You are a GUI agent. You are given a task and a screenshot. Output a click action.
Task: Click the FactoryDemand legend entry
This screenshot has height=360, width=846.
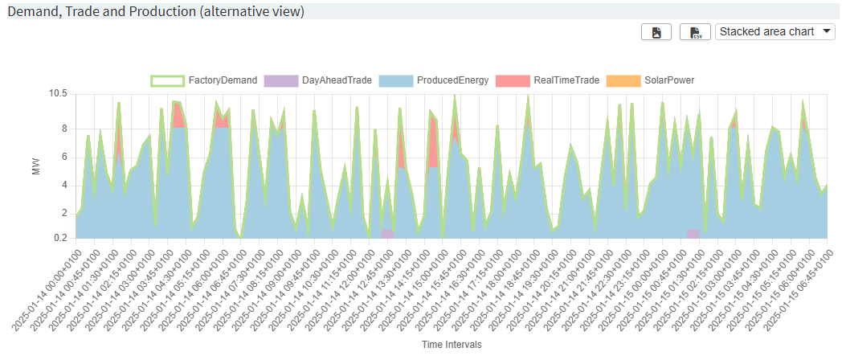click(x=205, y=80)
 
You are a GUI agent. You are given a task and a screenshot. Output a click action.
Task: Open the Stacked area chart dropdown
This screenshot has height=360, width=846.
click(x=775, y=31)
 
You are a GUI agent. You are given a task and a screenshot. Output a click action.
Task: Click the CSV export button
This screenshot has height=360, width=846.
click(x=696, y=32)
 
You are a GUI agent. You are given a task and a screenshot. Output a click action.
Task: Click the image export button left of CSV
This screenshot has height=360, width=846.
click(x=656, y=32)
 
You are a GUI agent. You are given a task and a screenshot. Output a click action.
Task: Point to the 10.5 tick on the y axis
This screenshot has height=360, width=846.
click(x=58, y=94)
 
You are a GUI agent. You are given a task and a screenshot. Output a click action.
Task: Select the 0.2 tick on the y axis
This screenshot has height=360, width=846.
click(x=59, y=238)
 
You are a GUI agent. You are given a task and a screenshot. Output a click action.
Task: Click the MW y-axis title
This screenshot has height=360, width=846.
click(x=35, y=166)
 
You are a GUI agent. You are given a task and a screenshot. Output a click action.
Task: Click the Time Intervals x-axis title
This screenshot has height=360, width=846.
click(x=451, y=344)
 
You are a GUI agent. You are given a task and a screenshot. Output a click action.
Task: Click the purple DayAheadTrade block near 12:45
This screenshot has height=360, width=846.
click(x=387, y=234)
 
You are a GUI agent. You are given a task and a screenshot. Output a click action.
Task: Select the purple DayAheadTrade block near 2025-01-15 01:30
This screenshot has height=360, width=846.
click(x=693, y=234)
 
